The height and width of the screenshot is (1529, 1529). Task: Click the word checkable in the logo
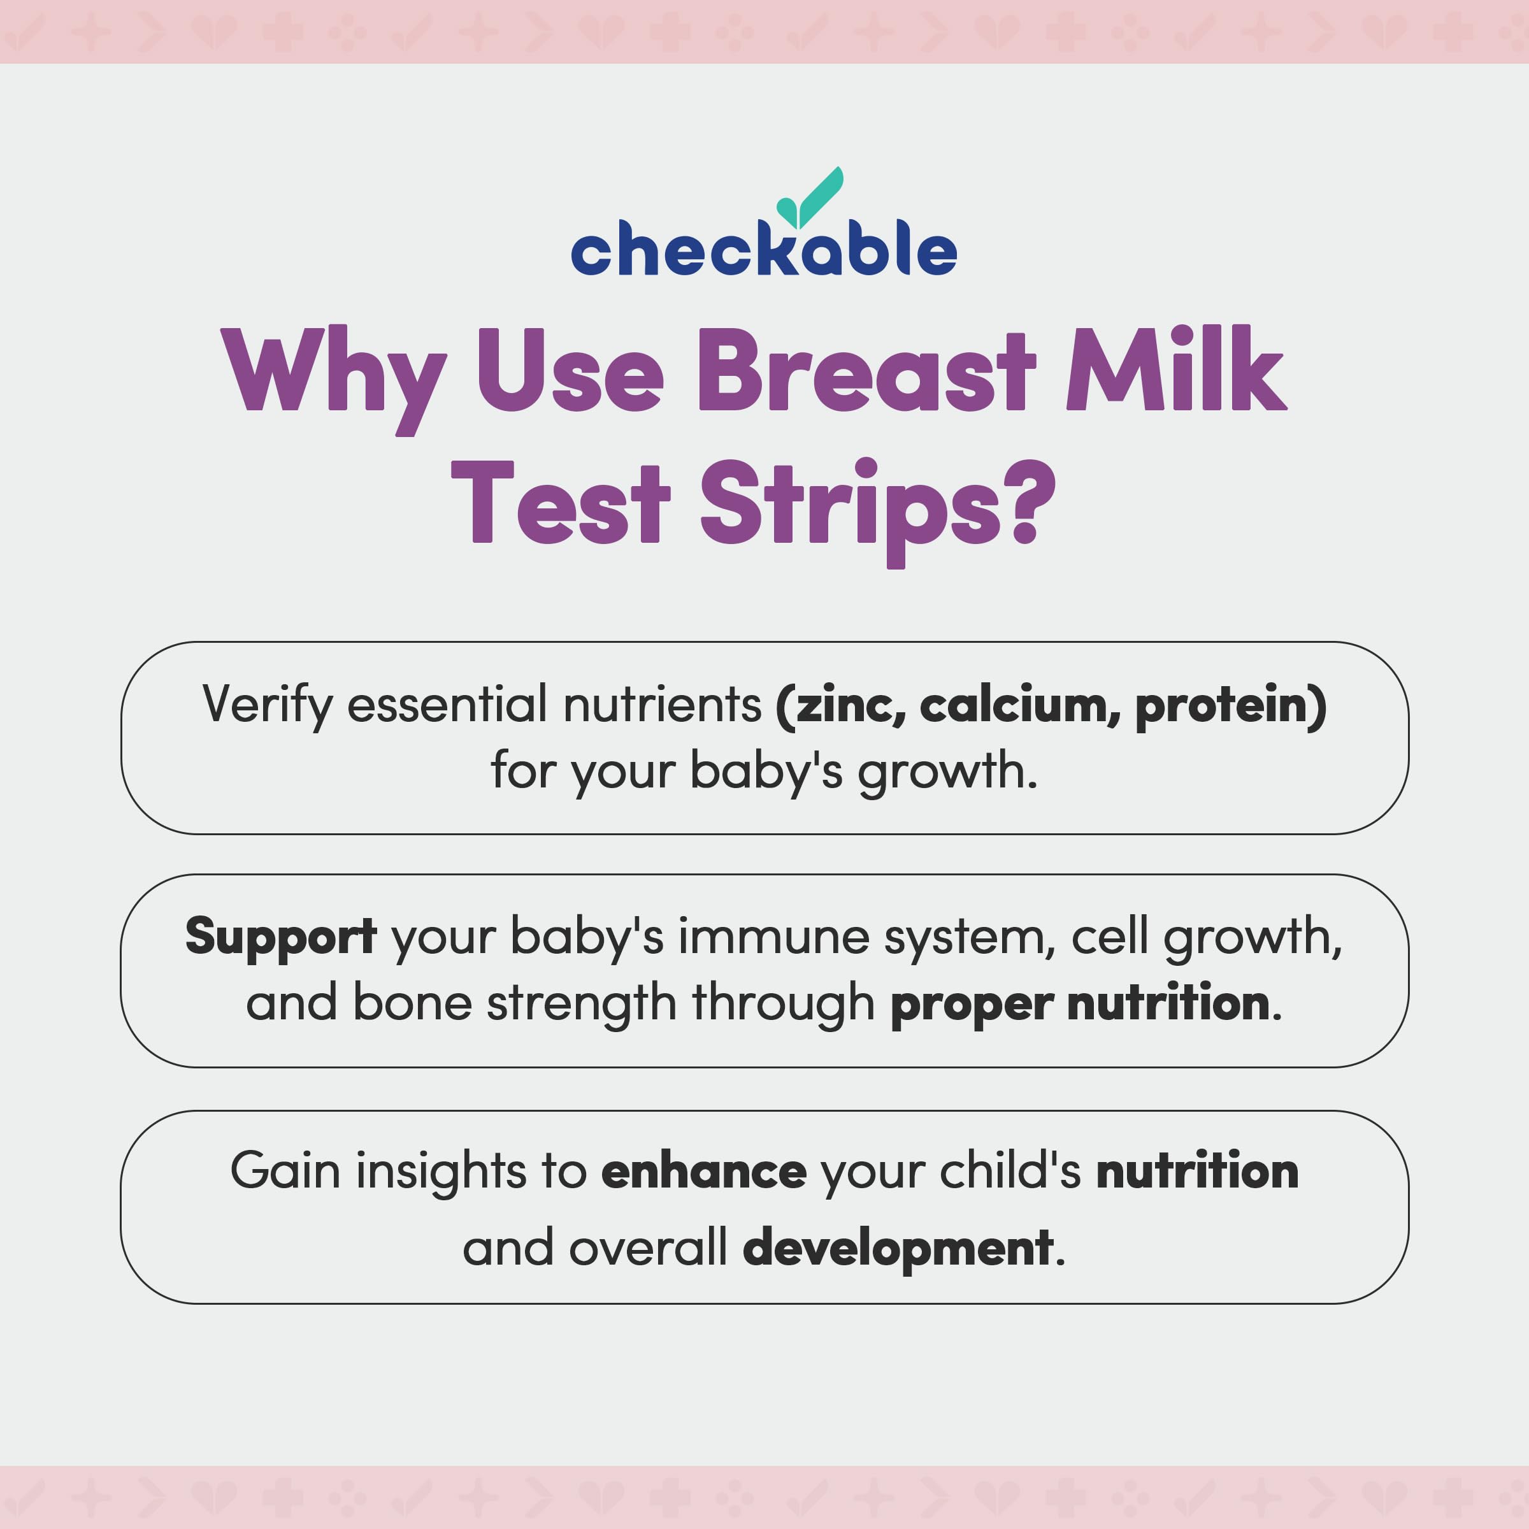[764, 248]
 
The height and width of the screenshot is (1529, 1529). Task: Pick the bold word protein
[1223, 706]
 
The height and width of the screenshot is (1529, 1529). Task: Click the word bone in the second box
[412, 1003]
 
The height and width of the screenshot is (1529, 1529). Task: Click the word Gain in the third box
[285, 1170]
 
